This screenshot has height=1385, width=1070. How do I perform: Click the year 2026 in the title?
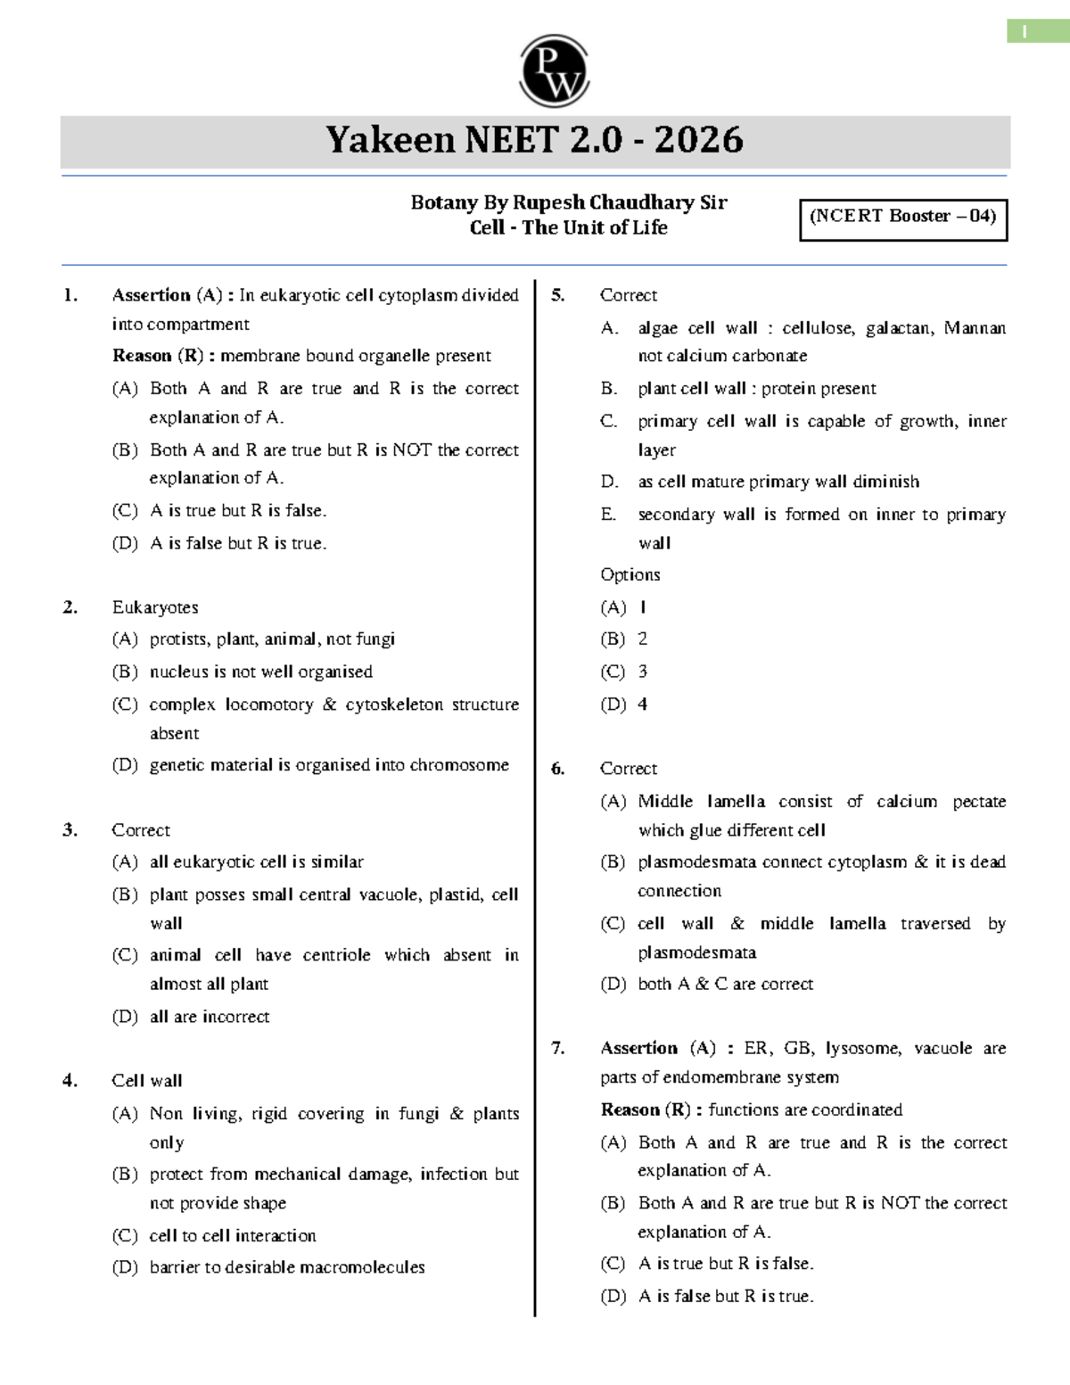699,140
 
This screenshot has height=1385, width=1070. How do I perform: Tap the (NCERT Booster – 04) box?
902,217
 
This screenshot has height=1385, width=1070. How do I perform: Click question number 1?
70,295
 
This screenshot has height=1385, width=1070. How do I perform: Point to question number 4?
70,1081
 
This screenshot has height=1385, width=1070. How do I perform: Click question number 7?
558,1048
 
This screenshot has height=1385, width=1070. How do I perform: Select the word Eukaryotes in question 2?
155,607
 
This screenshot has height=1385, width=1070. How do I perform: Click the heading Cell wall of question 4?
147,1081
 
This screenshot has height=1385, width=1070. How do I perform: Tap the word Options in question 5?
630,575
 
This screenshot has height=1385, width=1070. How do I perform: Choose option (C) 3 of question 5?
624,672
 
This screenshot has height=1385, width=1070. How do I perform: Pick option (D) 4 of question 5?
624,705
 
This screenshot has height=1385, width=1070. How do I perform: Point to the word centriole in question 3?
336,955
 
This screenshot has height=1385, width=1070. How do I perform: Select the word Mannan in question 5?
975,328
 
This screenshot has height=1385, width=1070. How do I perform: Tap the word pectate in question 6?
979,802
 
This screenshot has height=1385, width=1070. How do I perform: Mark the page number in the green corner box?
1025,32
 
